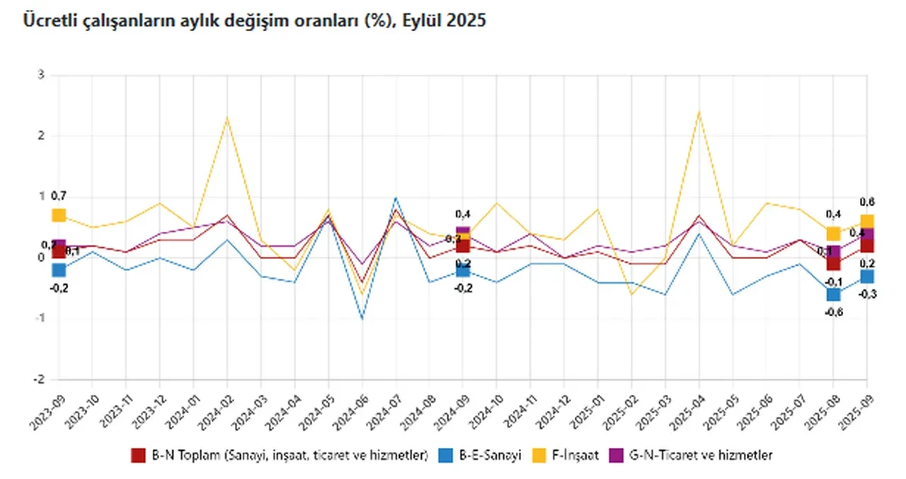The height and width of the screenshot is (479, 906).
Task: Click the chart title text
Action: point(254,21)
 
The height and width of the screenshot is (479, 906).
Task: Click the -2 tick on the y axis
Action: point(40,379)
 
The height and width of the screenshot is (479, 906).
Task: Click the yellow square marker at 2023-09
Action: point(59,215)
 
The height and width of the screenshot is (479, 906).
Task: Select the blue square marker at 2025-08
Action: point(833,294)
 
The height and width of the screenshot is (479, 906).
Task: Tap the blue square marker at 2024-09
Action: point(463,270)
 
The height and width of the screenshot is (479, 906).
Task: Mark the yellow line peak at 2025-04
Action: point(699,112)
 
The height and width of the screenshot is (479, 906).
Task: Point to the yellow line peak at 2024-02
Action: point(226,117)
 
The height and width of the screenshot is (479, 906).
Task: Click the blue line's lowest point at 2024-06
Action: point(362,318)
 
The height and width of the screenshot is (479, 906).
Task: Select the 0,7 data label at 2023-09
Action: point(58,196)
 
